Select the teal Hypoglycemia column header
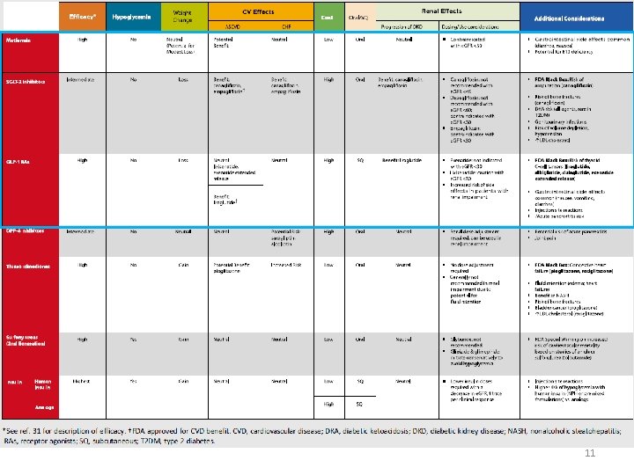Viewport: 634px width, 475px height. pos(131,18)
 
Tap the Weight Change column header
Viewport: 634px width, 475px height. pos(183,18)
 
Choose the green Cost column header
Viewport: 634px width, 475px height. pos(328,18)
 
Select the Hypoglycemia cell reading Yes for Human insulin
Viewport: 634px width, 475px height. pos(132,381)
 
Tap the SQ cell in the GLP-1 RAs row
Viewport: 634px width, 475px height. pos(359,160)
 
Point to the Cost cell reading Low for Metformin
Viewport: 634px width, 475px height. pos(328,40)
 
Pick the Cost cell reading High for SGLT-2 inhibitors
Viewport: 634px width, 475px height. pos(328,79)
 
